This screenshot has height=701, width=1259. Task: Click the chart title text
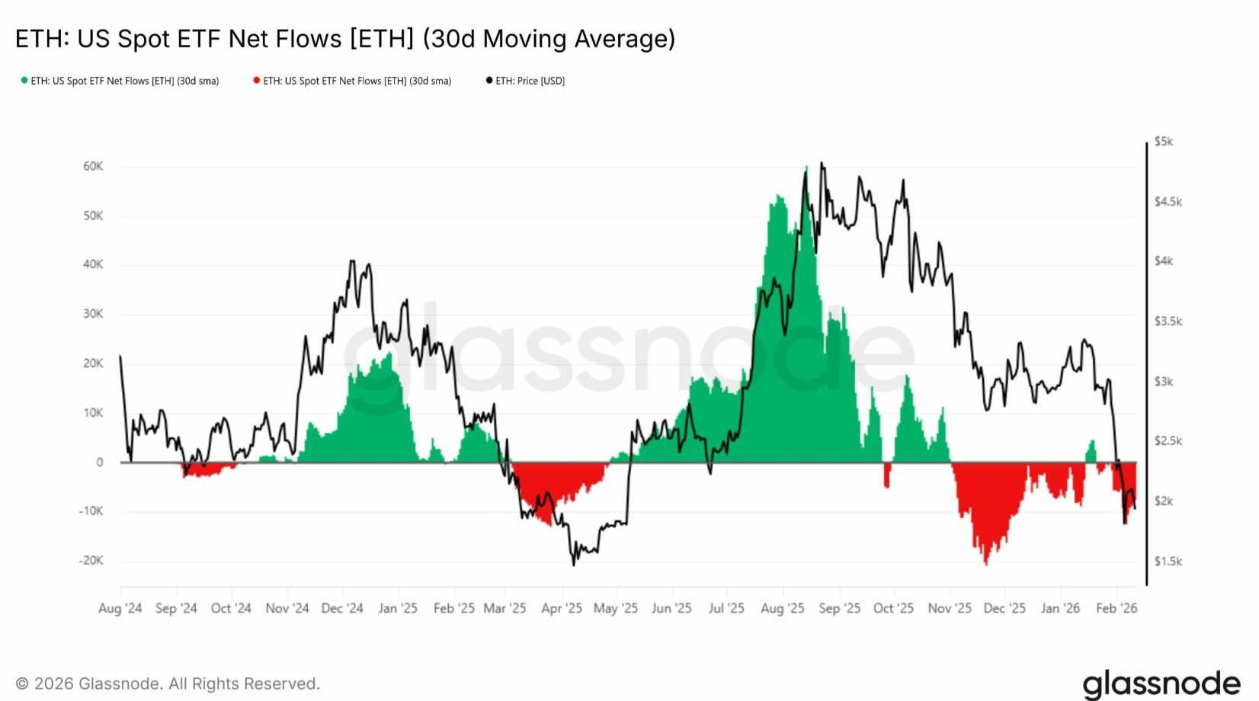coord(345,39)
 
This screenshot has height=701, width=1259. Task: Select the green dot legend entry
coord(120,81)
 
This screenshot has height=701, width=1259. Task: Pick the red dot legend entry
coord(353,81)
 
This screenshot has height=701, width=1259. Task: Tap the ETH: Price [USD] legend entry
coord(526,81)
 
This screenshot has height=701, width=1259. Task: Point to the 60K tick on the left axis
coord(93,166)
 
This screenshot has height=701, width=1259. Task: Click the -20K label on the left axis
coord(91,560)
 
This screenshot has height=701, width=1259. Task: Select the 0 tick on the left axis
coord(99,462)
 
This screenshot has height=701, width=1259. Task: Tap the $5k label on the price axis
coord(1163,141)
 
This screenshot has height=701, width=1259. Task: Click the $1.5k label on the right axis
coord(1168,562)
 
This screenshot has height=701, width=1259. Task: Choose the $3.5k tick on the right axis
coord(1168,321)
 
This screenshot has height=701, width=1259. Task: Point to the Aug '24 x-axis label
coord(120,608)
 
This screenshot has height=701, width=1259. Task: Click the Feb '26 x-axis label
coord(1116,608)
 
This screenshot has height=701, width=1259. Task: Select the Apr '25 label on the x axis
coord(562,608)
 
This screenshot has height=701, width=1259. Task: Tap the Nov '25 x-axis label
coord(950,608)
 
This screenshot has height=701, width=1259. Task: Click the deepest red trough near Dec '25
coord(986,562)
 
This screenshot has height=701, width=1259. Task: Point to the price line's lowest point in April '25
coord(574,564)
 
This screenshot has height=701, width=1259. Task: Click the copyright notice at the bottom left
coord(168,683)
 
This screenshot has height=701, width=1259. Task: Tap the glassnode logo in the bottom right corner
coord(1161,684)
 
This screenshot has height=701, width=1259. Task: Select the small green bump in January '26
coord(1091,450)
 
